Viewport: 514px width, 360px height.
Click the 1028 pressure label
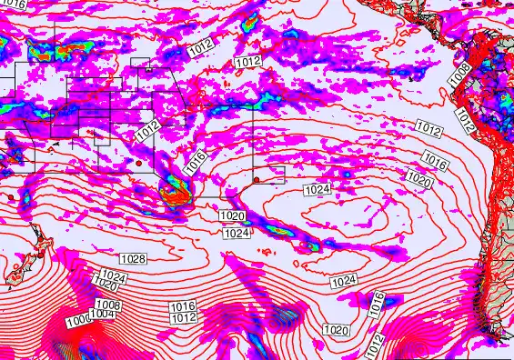click(133, 259)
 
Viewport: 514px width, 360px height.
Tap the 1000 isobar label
click(79, 320)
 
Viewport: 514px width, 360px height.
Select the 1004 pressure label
click(102, 314)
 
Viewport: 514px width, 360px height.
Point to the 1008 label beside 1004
click(108, 305)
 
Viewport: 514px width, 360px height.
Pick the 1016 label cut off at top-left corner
click(13, 4)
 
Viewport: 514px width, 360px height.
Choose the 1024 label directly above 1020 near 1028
click(114, 275)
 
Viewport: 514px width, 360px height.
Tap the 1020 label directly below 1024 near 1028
click(106, 284)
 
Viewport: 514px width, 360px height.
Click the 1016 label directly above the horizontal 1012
click(183, 307)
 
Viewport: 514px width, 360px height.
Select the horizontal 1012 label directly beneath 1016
click(184, 318)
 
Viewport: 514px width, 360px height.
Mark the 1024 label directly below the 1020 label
click(237, 233)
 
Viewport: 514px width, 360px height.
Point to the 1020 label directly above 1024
click(232, 216)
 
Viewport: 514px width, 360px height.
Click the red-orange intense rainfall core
click(176, 191)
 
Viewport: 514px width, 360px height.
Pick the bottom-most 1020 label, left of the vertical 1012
click(336, 329)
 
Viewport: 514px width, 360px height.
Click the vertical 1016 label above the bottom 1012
click(378, 305)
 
